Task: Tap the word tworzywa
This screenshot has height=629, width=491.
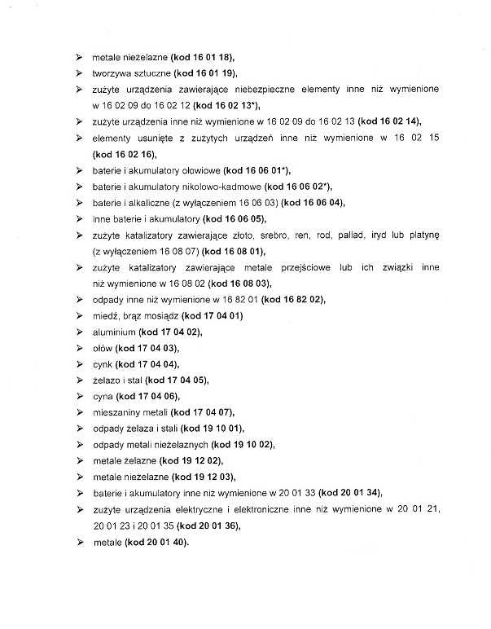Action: click(x=113, y=74)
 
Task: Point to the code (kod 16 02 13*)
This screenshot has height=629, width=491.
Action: click(x=226, y=105)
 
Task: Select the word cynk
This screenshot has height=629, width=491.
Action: click(x=102, y=364)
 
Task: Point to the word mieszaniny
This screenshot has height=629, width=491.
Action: click(x=118, y=412)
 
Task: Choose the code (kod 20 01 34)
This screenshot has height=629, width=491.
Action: click(x=349, y=493)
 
